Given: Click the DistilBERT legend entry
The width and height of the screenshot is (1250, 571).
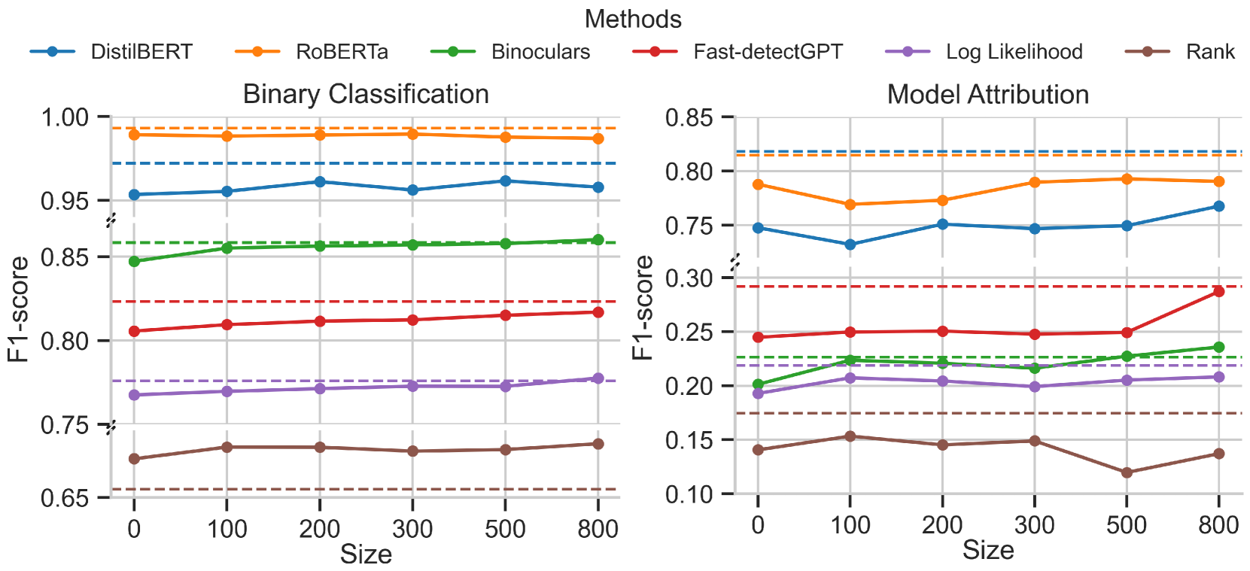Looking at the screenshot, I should (x=141, y=52).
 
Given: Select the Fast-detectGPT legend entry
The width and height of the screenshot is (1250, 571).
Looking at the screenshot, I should (x=768, y=52).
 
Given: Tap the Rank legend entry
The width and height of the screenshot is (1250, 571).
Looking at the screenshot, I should (x=1209, y=52).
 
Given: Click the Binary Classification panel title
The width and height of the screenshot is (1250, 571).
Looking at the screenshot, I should (x=366, y=95).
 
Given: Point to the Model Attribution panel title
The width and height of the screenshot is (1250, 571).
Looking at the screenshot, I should (x=987, y=95).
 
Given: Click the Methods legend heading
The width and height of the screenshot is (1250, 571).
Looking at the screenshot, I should (x=633, y=20).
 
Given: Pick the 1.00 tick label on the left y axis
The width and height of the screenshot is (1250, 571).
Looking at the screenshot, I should (x=65, y=117).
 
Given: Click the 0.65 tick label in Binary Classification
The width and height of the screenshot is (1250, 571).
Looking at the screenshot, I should (x=65, y=498).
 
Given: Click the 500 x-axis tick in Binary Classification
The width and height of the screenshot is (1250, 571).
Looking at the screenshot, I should (x=505, y=529).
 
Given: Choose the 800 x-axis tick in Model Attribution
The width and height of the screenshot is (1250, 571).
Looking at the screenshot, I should (x=1218, y=525).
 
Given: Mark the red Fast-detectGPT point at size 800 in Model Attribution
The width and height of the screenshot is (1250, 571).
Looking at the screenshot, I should (x=1218, y=292).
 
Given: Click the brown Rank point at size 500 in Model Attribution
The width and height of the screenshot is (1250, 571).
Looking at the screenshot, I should (x=1127, y=472).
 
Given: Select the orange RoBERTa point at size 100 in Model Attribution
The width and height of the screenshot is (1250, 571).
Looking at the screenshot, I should (x=850, y=205).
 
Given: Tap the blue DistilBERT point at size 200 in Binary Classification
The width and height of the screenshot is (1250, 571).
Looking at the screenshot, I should (x=320, y=182).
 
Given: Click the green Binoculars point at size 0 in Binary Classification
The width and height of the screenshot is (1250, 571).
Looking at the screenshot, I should (x=135, y=261).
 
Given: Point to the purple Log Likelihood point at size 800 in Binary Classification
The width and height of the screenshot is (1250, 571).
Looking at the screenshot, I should (x=598, y=378).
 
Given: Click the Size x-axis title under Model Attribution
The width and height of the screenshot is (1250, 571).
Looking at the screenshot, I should (x=987, y=550).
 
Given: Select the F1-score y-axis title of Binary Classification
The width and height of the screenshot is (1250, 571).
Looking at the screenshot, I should (x=18, y=308).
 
